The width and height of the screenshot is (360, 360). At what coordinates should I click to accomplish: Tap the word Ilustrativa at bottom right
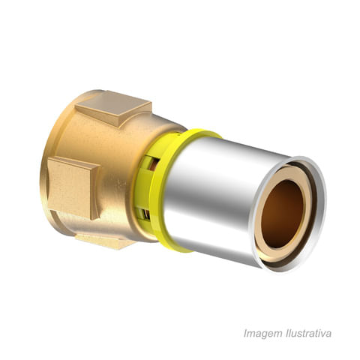(308, 333)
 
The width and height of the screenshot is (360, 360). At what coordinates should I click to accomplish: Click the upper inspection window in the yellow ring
(152, 163)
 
